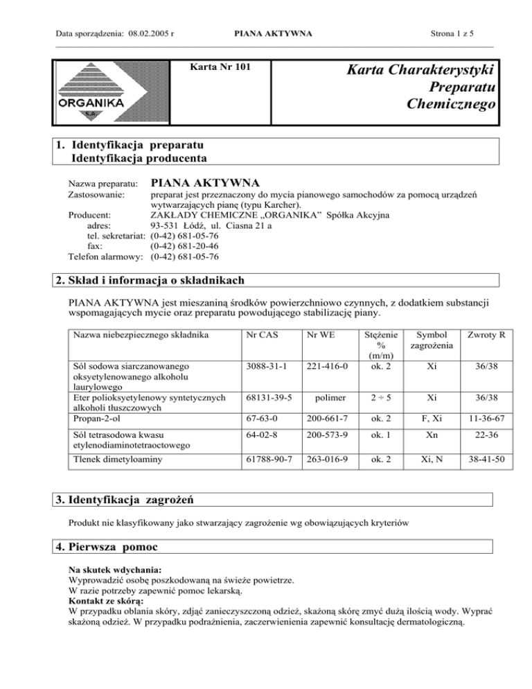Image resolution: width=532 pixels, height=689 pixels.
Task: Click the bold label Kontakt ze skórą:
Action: [x=102, y=601]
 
